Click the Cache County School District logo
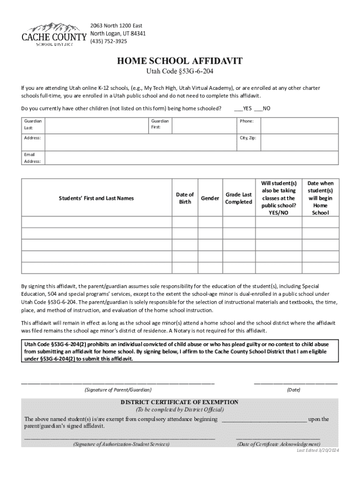coord(54,34)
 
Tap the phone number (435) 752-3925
coord(108,41)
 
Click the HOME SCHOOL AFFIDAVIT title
coord(180,61)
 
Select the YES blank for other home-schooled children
coord(238,109)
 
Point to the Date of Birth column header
coord(185,198)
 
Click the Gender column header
coord(210,198)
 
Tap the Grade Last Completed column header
coord(238,198)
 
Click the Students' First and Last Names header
coord(96,198)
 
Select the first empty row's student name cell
coord(96,222)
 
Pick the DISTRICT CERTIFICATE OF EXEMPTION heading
coord(180,402)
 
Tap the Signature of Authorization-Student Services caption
coord(121,444)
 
